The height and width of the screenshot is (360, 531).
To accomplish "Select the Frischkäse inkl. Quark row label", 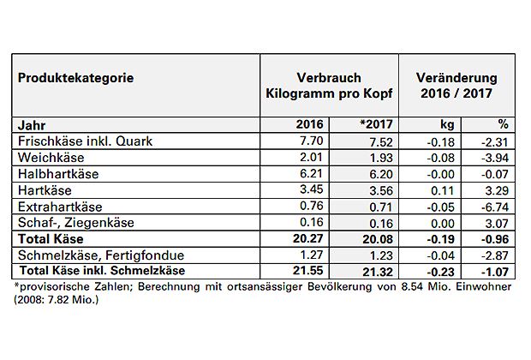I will (73, 141).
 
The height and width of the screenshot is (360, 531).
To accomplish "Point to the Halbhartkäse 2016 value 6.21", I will (307, 173).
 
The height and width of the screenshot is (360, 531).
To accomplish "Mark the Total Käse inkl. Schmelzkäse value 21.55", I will (304, 270).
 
